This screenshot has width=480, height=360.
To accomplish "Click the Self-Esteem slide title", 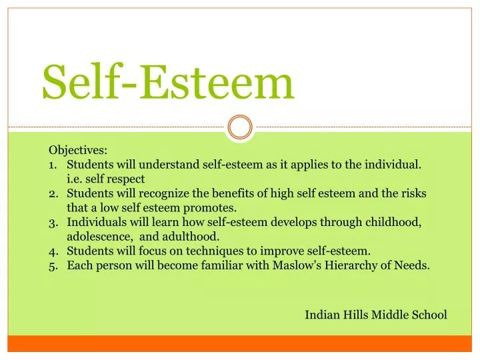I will [x=168, y=83].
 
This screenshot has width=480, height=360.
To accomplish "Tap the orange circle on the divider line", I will [x=240, y=127].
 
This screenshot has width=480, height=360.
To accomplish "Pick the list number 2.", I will [x=53, y=193].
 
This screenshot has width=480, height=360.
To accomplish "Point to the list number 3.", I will [x=53, y=222].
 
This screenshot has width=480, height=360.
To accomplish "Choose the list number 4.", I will [x=53, y=251].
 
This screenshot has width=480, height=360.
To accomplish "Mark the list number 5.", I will [x=53, y=265].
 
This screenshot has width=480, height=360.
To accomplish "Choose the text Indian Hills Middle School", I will [x=376, y=314].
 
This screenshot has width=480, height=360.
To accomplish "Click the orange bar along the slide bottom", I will [x=240, y=343].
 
